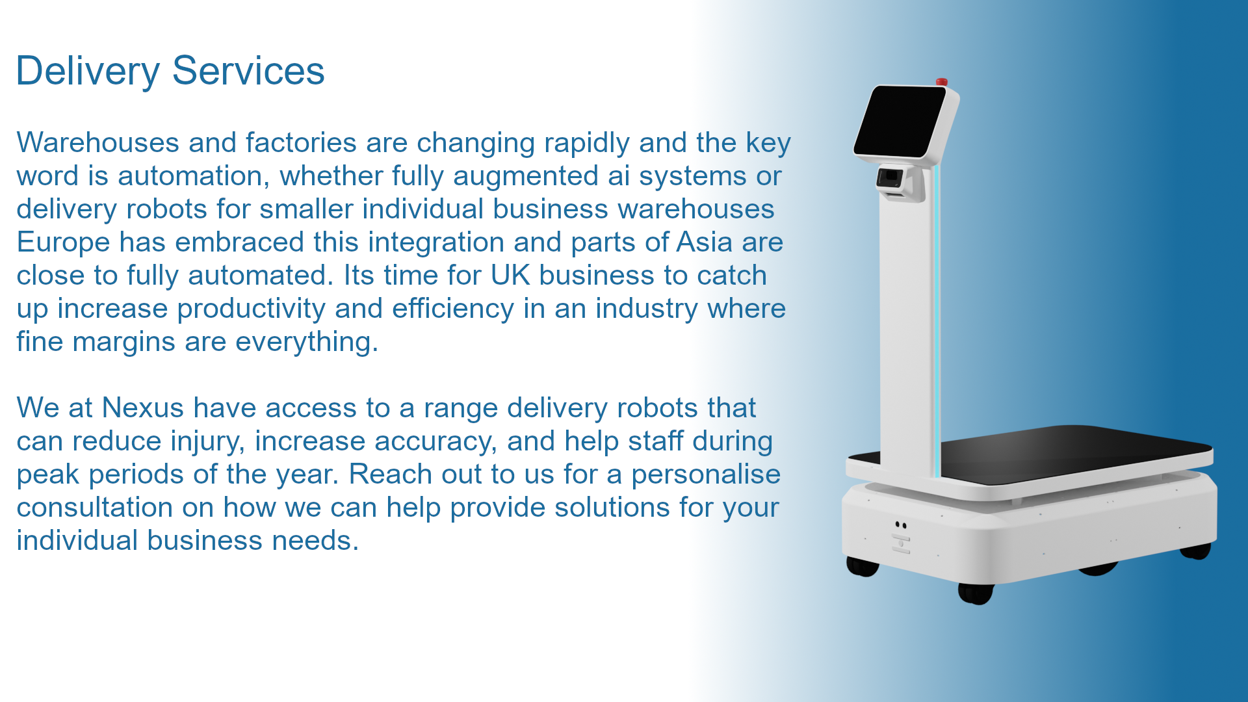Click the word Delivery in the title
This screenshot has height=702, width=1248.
pos(88,71)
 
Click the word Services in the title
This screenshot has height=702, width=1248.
pos(248,71)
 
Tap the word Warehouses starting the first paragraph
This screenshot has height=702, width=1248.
pos(97,142)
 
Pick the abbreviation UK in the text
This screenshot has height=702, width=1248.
pos(510,275)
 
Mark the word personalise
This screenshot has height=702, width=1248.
pos(706,474)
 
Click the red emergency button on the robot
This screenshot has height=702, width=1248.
pos(941,82)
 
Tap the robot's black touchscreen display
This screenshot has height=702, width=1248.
pos(900,122)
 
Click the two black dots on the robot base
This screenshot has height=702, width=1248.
pos(900,525)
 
